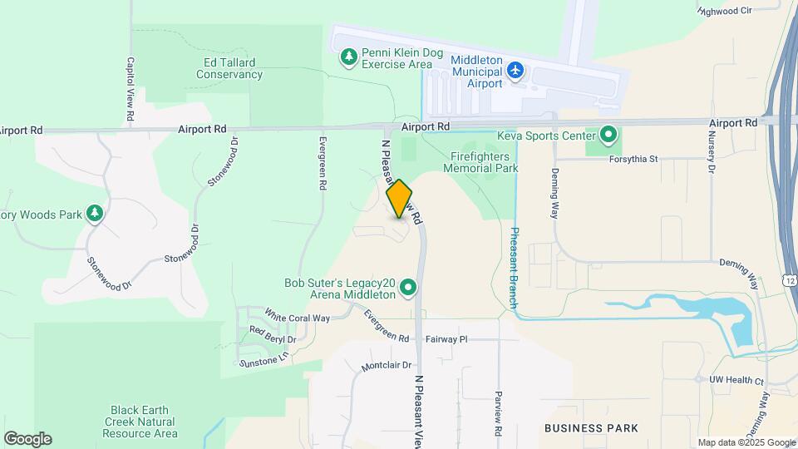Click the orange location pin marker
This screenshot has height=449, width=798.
(x=400, y=199)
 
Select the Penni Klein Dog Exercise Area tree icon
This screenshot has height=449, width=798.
(x=349, y=57)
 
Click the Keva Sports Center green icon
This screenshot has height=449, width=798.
(x=608, y=135)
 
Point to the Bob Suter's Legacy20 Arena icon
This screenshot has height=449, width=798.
(x=408, y=289)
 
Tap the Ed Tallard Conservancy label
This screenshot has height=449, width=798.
(x=229, y=68)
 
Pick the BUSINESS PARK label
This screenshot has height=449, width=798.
(x=591, y=428)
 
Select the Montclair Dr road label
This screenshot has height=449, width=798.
(x=387, y=366)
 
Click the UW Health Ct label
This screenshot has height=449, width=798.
(x=736, y=380)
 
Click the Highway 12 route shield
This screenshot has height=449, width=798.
(x=789, y=281)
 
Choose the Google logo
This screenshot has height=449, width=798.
(x=27, y=439)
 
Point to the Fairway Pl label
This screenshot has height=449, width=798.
(x=447, y=339)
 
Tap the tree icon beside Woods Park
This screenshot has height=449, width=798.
(x=96, y=215)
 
